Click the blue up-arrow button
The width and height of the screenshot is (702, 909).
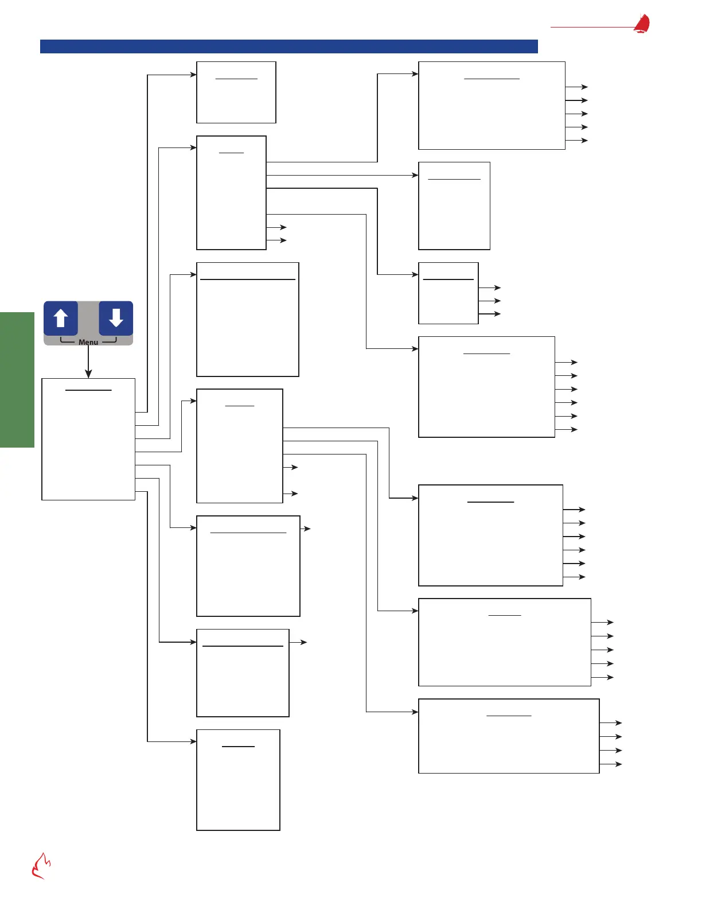point(61,318)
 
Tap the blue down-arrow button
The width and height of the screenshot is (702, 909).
point(116,318)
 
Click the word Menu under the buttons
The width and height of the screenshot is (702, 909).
point(88,342)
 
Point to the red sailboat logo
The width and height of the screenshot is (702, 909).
point(642,24)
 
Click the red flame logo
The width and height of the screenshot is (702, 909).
point(41,866)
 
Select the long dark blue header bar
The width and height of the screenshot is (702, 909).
point(289,46)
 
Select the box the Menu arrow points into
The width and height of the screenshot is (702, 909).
point(88,439)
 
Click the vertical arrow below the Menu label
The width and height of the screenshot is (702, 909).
point(88,362)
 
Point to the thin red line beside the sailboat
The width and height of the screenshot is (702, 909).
point(591,27)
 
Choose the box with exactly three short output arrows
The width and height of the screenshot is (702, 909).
point(448,293)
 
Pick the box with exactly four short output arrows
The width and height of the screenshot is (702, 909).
point(509,736)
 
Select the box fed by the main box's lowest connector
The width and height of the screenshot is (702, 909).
point(238,780)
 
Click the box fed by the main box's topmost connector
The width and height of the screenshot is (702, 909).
point(236,92)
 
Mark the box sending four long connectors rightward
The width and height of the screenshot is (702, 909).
point(231,193)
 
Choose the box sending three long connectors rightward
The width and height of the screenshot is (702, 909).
point(240,446)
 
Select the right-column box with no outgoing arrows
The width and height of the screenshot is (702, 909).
point(454,205)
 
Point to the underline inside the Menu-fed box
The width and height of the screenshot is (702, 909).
point(88,390)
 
